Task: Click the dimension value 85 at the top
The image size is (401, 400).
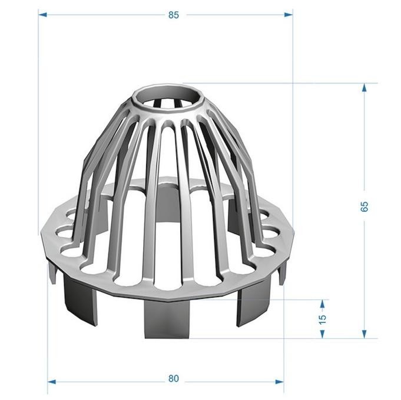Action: pyautogui.click(x=173, y=15)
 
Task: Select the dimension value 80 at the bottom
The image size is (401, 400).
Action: pyautogui.click(x=173, y=378)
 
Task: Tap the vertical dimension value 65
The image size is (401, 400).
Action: pyautogui.click(x=364, y=206)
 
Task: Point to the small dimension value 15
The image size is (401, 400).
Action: pyautogui.click(x=323, y=319)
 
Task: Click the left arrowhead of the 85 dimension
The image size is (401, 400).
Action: pyautogui.click(x=42, y=15)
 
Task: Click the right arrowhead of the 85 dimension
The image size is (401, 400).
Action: pyautogui.click(x=289, y=15)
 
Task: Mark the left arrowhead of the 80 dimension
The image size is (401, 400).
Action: pyautogui.click(x=52, y=382)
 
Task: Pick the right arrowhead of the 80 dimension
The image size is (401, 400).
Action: pyautogui.click(x=279, y=382)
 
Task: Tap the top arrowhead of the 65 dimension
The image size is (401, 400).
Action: pyautogui.click(x=364, y=88)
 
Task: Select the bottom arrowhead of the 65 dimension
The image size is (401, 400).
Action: pyautogui.click(x=364, y=334)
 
